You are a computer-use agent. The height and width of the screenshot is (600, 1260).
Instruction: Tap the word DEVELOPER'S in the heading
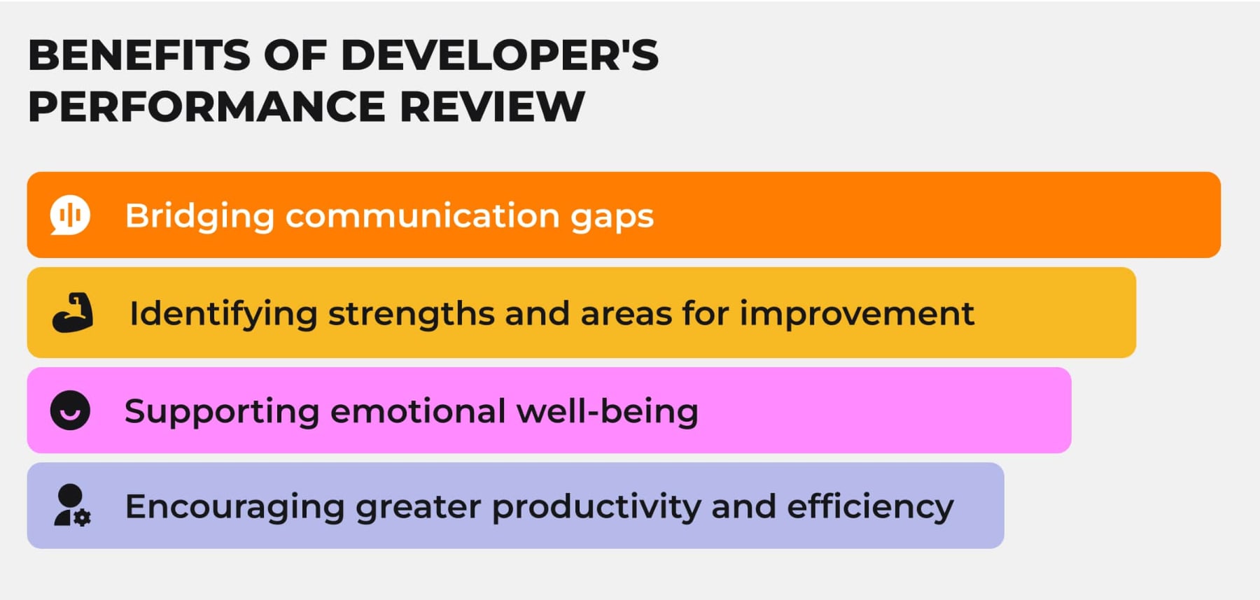click(499, 55)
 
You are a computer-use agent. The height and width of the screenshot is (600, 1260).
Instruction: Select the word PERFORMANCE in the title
click(206, 107)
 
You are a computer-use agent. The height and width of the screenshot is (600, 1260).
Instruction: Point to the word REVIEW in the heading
click(491, 107)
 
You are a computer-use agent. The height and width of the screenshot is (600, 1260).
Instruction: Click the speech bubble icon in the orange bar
click(70, 215)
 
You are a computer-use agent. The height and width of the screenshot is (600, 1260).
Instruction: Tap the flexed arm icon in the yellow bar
click(73, 313)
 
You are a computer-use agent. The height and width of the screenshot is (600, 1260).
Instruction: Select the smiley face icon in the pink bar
click(70, 410)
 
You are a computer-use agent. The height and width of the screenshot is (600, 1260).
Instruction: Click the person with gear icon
click(72, 506)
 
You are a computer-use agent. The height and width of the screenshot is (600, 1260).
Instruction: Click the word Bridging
click(199, 216)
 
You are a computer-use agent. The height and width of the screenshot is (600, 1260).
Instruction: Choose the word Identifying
click(223, 314)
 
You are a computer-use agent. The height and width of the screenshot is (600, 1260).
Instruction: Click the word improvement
click(857, 314)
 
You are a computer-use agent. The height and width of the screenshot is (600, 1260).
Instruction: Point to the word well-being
click(607, 411)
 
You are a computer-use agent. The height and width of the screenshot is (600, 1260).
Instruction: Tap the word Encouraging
click(234, 507)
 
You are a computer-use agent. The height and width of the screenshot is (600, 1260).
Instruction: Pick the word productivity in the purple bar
click(596, 507)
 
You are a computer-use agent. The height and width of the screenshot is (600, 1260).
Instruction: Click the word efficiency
click(870, 507)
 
